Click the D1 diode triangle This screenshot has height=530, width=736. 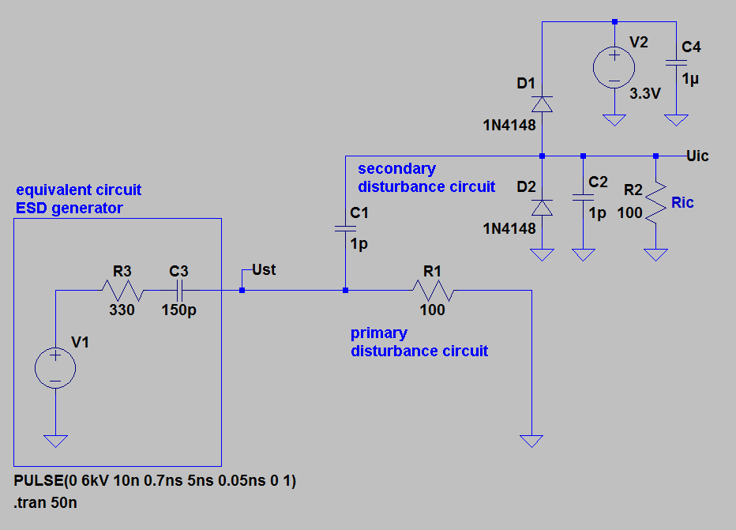click(542, 103)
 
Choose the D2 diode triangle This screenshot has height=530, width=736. click(542, 207)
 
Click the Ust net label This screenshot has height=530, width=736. click(264, 270)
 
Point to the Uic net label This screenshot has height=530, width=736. click(698, 156)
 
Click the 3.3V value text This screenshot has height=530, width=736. click(644, 93)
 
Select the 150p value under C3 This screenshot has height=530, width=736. click(179, 310)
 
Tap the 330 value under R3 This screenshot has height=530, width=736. click(122, 310)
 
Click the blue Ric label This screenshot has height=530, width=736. click(682, 203)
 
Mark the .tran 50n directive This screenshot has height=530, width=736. click(47, 501)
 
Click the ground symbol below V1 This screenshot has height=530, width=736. click(55, 440)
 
